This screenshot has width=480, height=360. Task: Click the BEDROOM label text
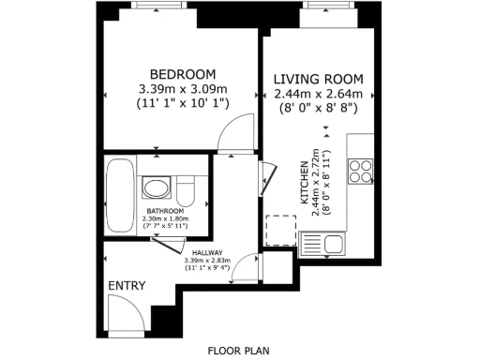[183, 74]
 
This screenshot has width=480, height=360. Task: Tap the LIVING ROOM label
[318, 79]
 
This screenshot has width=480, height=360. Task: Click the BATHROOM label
[164, 211]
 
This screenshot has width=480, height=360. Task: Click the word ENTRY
[127, 285]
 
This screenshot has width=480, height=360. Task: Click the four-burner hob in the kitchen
[361, 171]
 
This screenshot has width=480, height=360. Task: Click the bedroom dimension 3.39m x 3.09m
[183, 90]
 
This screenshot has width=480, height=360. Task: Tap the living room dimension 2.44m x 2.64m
[318, 94]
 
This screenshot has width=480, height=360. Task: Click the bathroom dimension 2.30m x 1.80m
[164, 218]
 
